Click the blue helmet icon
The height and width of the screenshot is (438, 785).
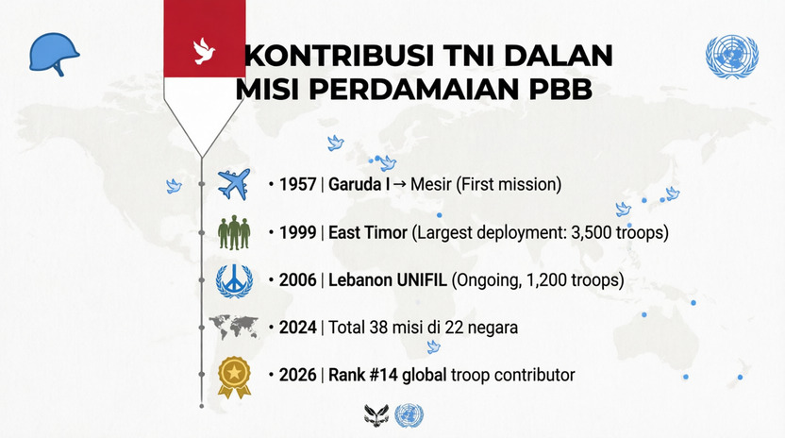click(x=54, y=54)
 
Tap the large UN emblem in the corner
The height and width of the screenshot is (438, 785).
click(x=732, y=56)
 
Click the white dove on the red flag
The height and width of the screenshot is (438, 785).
click(x=203, y=51)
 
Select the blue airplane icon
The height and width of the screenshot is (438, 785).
click(x=234, y=184)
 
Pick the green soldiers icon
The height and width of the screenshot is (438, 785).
click(x=234, y=232)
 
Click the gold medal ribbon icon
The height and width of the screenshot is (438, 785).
click(x=234, y=377)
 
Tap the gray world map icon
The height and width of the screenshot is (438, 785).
click(x=233, y=327)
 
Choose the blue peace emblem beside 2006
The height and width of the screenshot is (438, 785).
click(x=234, y=280)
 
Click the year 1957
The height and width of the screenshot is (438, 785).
click(x=297, y=184)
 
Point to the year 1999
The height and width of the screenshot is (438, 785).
click(x=297, y=232)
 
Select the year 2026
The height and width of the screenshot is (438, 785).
click(x=297, y=375)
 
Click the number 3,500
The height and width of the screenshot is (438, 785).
click(x=591, y=232)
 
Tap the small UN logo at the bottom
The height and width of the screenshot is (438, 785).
click(x=409, y=415)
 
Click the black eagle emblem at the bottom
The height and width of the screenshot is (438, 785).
click(x=376, y=415)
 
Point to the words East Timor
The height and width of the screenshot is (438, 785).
click(x=367, y=232)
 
